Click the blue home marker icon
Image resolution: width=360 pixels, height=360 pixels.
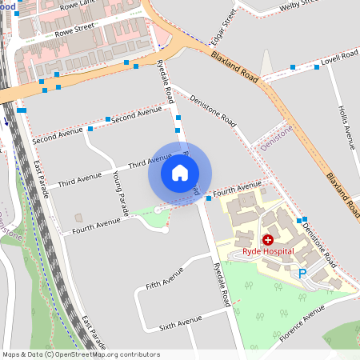click(x=180, y=172)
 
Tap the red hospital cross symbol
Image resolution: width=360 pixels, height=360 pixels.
click(x=267, y=239)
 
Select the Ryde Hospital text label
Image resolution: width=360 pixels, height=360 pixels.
click(x=268, y=251)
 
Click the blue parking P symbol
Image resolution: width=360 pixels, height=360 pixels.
click(x=302, y=274)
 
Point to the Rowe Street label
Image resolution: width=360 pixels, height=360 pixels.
click(x=73, y=30)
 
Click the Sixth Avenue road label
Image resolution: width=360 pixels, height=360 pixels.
click(x=181, y=322)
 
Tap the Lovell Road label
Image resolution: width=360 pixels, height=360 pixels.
click(x=339, y=58)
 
